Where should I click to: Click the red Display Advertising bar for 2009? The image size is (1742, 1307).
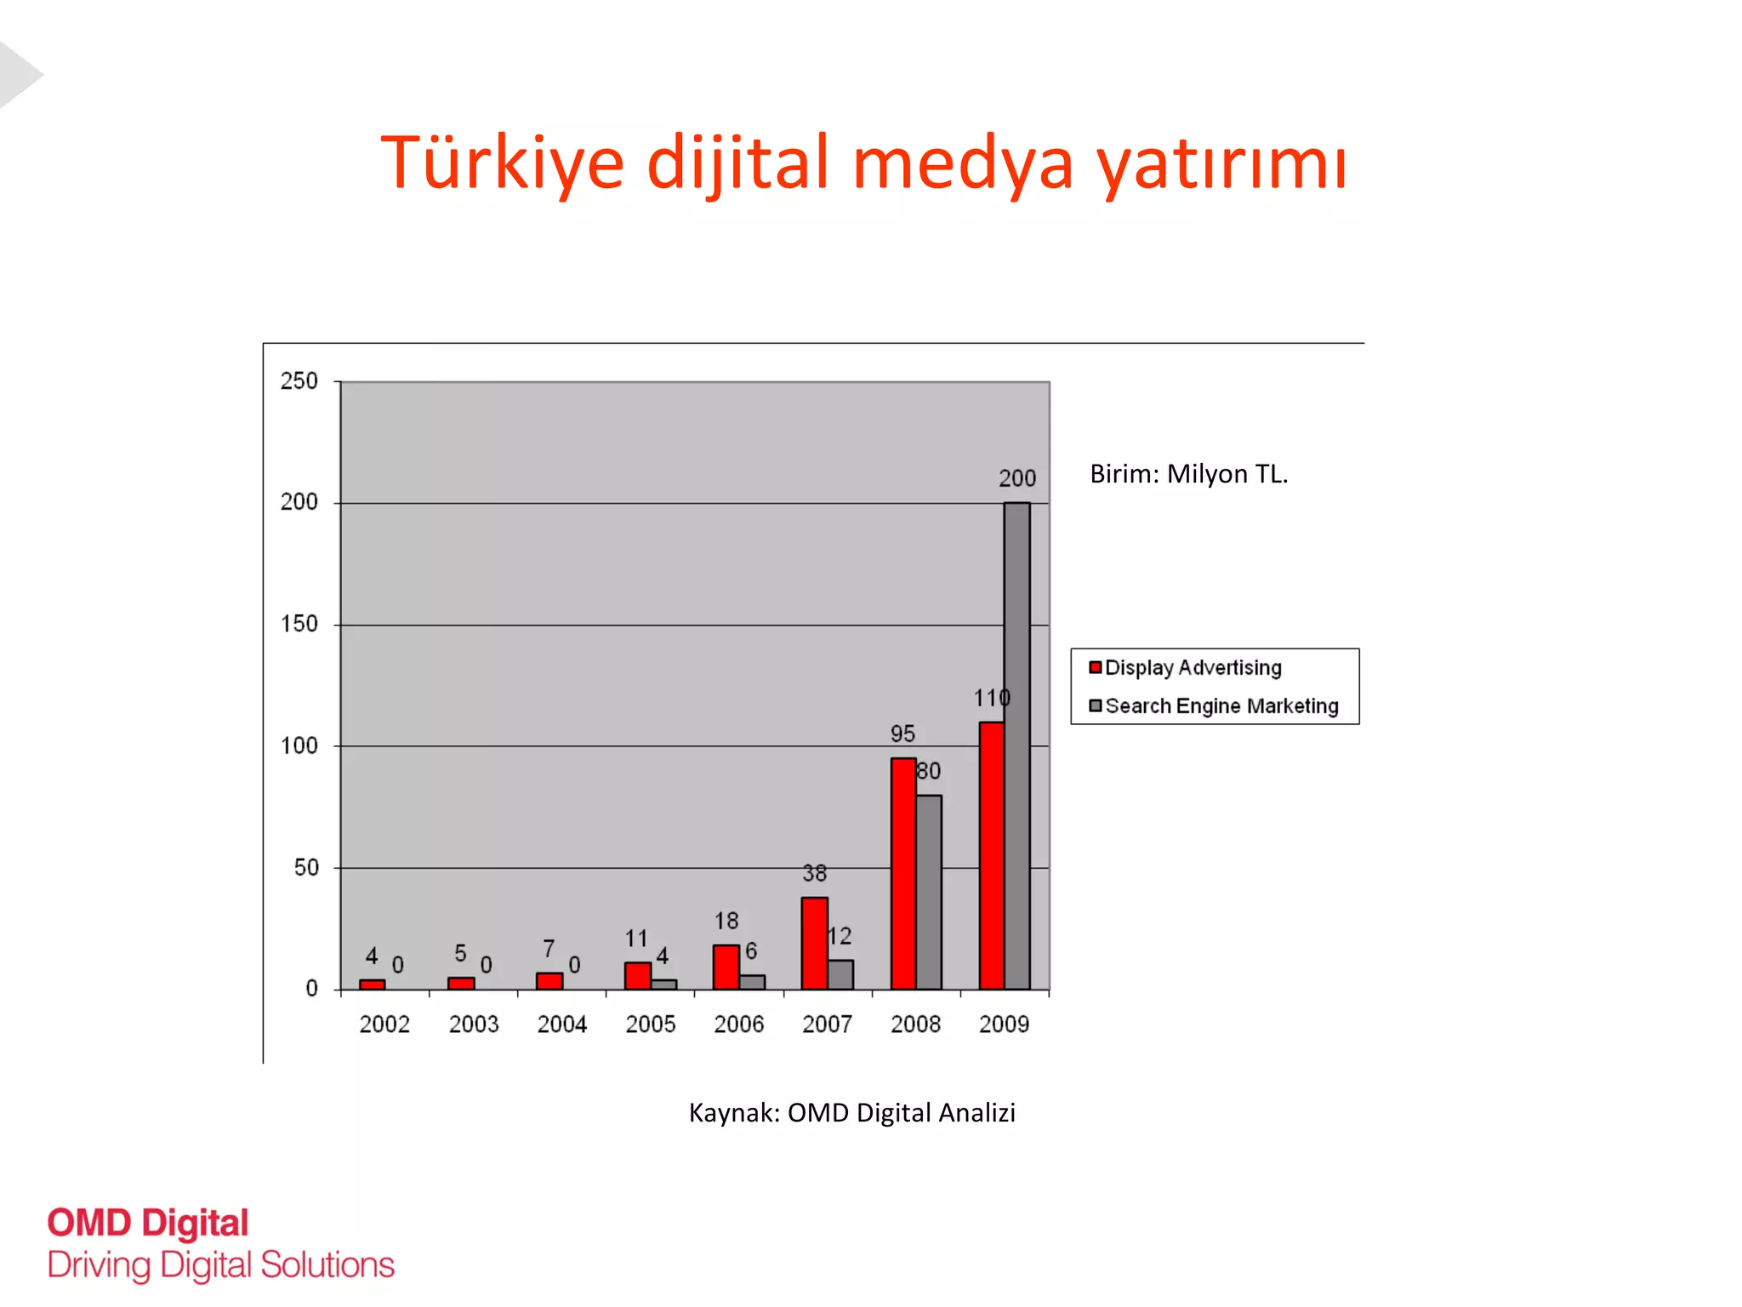[x=991, y=855]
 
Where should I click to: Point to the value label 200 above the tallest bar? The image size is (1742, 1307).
[x=1017, y=478]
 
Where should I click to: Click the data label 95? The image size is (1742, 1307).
[x=902, y=733]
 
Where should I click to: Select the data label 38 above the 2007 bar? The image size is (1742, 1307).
[x=814, y=873]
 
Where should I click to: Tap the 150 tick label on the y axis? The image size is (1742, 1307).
[x=299, y=624]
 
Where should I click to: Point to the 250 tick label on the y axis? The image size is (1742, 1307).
[x=299, y=380]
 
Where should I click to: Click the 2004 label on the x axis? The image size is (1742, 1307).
[x=561, y=1024]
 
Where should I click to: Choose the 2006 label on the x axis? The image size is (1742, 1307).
[x=738, y=1024]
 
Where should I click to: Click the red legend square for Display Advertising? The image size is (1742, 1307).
[x=1096, y=667]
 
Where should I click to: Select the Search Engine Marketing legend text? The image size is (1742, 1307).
[x=1221, y=705]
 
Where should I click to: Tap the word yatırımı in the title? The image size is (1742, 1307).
[x=1221, y=163]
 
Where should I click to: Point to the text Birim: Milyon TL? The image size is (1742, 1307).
[x=1188, y=473]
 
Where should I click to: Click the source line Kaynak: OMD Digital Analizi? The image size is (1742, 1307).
[x=851, y=1112]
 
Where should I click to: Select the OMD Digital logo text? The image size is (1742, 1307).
[x=148, y=1223]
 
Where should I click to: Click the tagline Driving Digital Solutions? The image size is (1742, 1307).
[x=221, y=1265]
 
